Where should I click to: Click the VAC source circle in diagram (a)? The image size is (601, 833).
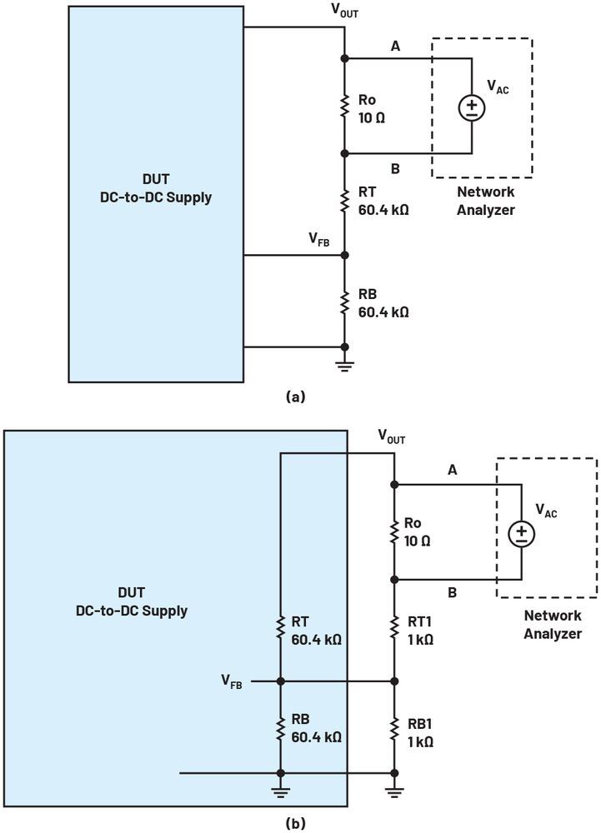472,107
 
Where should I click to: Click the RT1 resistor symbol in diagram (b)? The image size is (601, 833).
393,631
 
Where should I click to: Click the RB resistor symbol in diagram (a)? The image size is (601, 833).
344,302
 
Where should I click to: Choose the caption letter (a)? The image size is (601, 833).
295,397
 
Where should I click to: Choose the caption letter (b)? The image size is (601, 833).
295,823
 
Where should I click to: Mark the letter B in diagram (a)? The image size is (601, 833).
395,168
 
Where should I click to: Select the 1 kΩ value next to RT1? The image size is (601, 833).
420,640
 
